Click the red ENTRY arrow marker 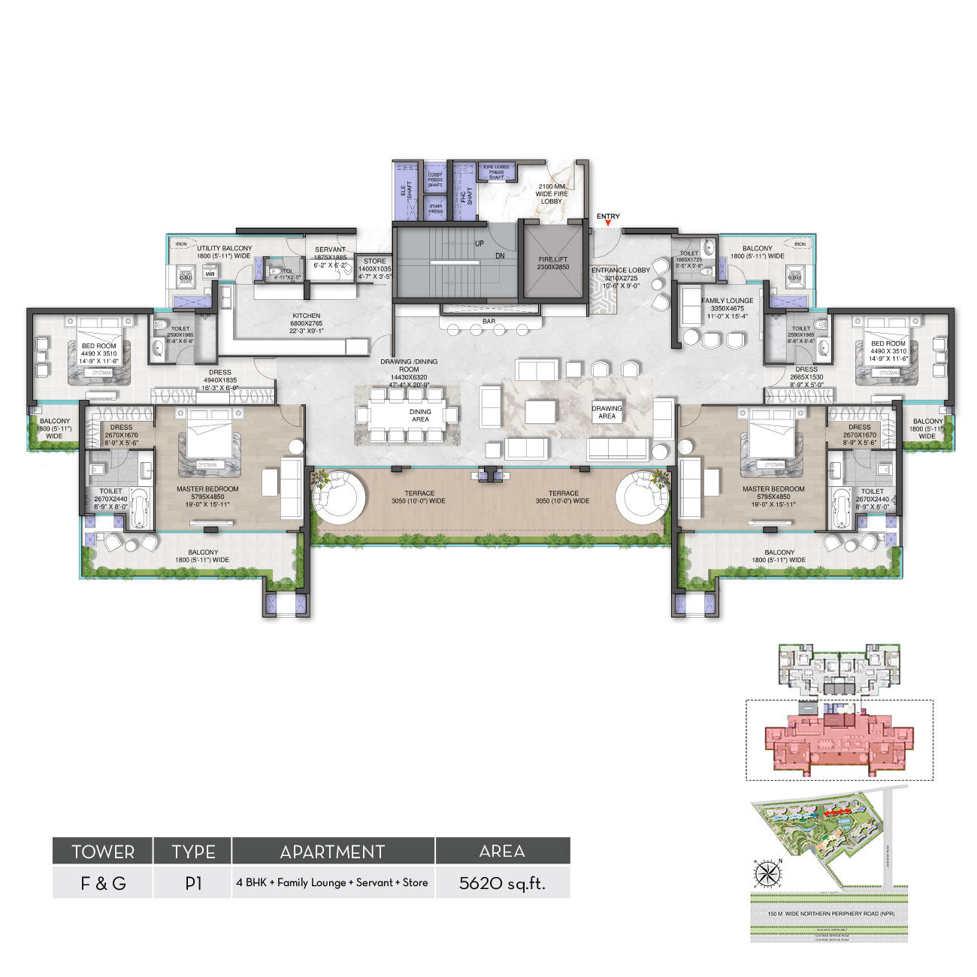(x=608, y=223)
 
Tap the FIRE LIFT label (x=553, y=259)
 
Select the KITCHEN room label (x=307, y=316)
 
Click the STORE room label (x=374, y=262)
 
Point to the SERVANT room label (x=330, y=250)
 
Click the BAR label (x=488, y=322)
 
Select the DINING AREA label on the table (x=420, y=415)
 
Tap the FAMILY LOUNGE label (x=727, y=301)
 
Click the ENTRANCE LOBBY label (x=620, y=271)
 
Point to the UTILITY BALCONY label (x=224, y=248)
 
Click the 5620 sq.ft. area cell (x=502, y=883)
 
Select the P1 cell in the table (x=193, y=883)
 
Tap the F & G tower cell (x=103, y=883)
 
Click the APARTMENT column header (x=332, y=851)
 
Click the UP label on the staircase (x=479, y=243)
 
